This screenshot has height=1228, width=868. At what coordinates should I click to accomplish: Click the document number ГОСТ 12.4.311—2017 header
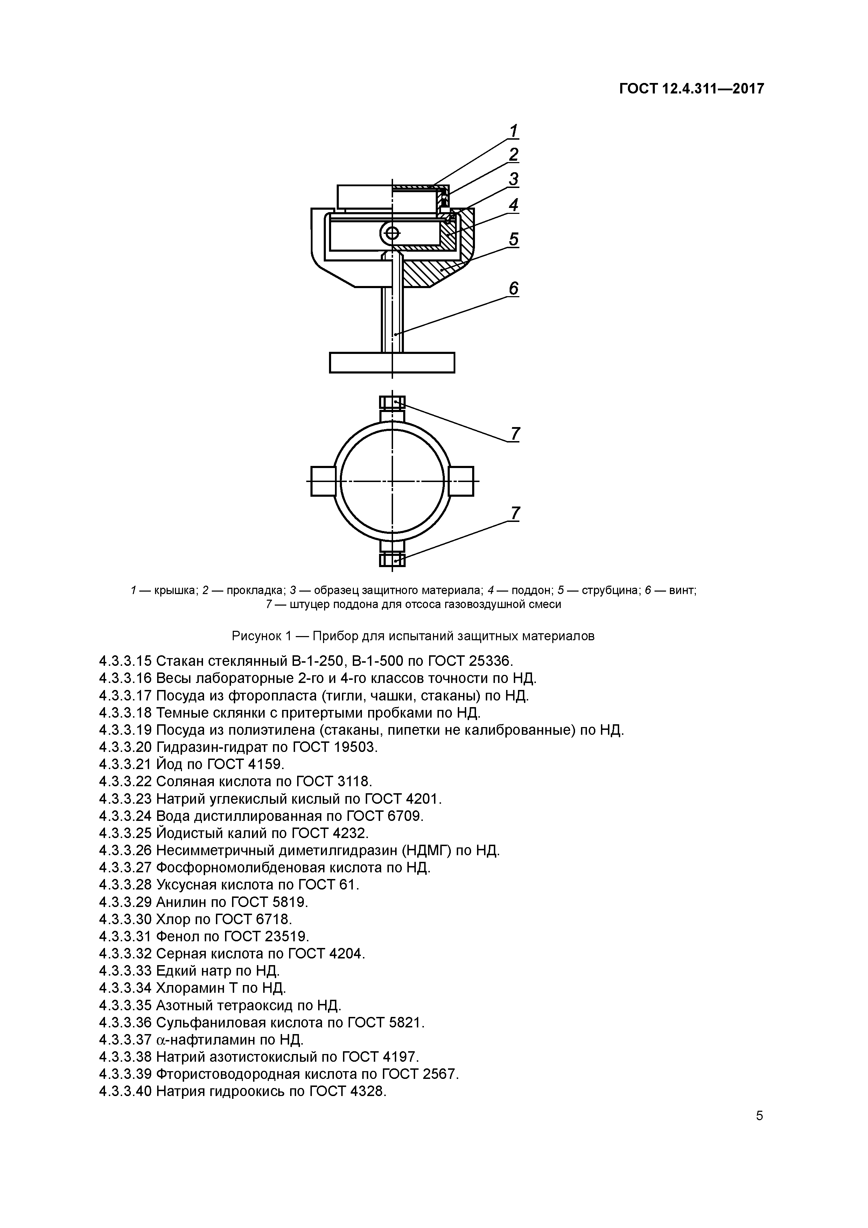[x=692, y=89]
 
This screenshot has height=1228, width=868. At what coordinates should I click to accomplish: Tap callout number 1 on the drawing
[x=513, y=131]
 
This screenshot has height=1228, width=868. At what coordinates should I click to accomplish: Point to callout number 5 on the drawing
[x=513, y=239]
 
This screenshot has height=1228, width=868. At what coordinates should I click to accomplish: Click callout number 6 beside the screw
[x=513, y=289]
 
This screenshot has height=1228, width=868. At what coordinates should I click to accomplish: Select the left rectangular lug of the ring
[x=323, y=481]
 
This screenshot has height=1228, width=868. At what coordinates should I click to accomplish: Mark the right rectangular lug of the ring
[x=461, y=481]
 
